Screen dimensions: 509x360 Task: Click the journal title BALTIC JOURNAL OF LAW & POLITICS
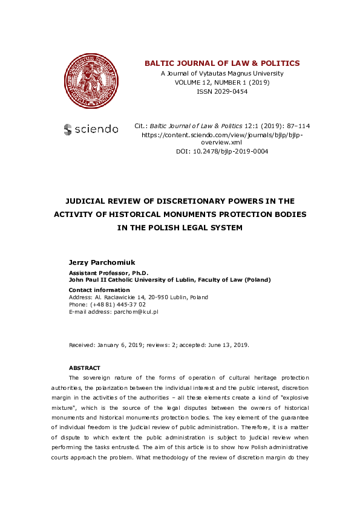click(221, 63)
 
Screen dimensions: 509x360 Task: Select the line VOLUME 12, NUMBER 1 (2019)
click(222, 82)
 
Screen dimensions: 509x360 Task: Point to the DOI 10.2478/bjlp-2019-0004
click(221, 152)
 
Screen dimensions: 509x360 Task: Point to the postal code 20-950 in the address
click(159, 297)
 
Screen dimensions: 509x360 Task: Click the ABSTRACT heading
click(84, 368)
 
